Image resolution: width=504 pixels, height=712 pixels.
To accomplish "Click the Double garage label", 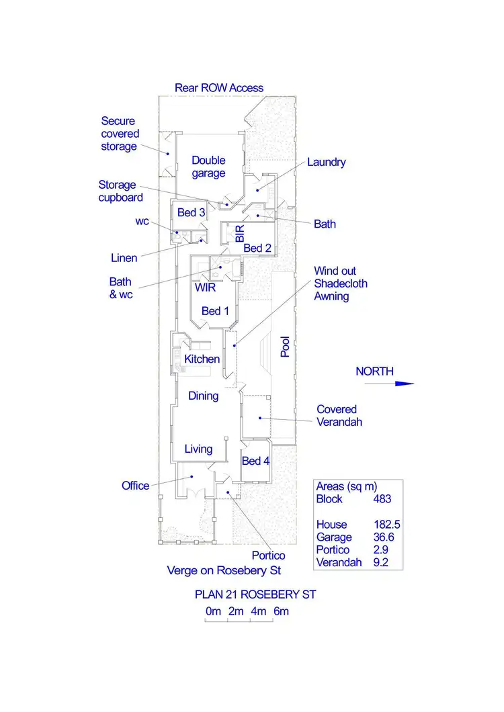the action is point(208,167).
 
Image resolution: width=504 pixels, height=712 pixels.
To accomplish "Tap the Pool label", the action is point(286,347).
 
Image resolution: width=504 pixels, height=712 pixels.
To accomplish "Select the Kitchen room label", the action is point(202,359).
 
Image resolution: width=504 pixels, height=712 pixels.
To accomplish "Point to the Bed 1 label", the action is point(215,311).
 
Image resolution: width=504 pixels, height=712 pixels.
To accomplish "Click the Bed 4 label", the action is point(255,461).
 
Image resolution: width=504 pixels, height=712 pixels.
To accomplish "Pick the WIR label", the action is point(205,287).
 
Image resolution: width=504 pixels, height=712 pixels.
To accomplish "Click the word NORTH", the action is point(374,371).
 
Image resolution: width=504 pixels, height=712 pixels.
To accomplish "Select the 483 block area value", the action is point(382,499).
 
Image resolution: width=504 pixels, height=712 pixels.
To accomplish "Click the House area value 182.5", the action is point(387,525).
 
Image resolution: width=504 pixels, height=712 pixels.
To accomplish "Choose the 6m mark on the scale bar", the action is point(281,611).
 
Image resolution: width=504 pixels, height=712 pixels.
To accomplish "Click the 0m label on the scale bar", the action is point(213,611).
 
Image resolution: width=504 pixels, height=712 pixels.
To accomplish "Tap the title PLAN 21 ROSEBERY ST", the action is point(255,594).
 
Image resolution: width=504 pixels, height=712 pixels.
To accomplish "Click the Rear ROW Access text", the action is point(219,88).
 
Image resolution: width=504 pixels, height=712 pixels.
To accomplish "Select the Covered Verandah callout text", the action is point(339,415).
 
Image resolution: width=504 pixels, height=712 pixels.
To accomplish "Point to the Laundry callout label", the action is point(326,162).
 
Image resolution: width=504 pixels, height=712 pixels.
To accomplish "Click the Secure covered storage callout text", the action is point(120,134).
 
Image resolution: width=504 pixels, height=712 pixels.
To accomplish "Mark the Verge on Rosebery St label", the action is point(224,571).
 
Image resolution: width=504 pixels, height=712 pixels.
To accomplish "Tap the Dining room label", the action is point(203,396).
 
